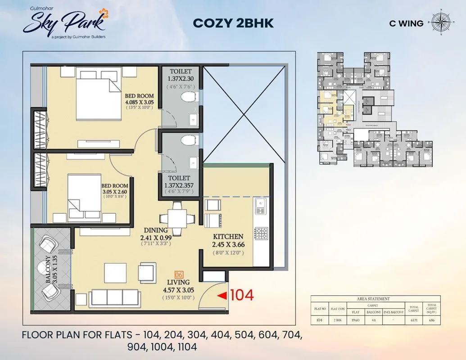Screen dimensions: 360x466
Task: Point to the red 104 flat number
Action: pyautogui.click(x=242, y=295)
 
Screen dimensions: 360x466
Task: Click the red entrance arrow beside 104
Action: pyautogui.click(x=222, y=296)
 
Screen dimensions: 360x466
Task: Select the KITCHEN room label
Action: pyautogui.click(x=228, y=237)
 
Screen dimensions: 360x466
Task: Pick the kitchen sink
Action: pyautogui.click(x=260, y=207)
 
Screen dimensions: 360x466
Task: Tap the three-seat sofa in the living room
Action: pyautogui.click(x=114, y=297)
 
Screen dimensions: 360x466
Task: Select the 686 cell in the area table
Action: pyautogui.click(x=432, y=320)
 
